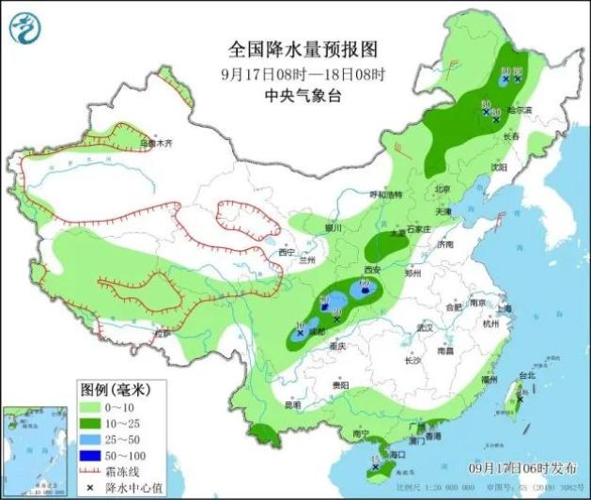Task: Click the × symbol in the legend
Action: click(x=90, y=487)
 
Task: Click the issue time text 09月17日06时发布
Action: click(x=521, y=467)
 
